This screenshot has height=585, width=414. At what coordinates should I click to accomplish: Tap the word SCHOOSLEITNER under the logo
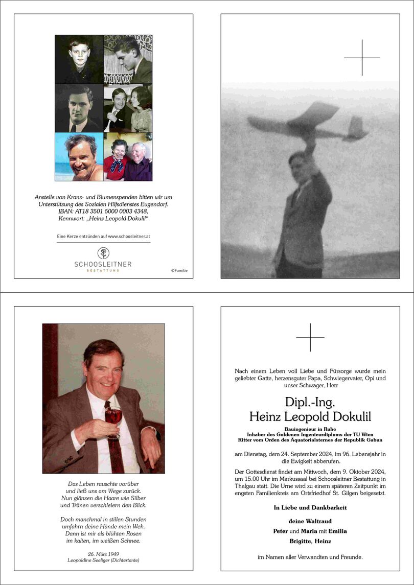(103, 264)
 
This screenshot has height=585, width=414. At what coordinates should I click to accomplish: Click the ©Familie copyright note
(179, 270)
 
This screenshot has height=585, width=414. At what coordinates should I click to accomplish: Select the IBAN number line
(103, 212)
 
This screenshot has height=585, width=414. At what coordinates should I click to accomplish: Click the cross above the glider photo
(362, 58)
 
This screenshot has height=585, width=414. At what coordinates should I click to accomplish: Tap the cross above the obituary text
(310, 338)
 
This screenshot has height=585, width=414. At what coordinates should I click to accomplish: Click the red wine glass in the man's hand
(113, 416)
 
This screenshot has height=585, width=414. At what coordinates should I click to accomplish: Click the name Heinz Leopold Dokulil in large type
(310, 416)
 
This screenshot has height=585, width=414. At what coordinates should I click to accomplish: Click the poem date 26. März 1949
(103, 554)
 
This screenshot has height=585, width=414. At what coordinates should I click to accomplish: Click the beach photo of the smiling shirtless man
(79, 157)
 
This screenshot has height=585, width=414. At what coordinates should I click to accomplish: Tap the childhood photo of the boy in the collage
(79, 59)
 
